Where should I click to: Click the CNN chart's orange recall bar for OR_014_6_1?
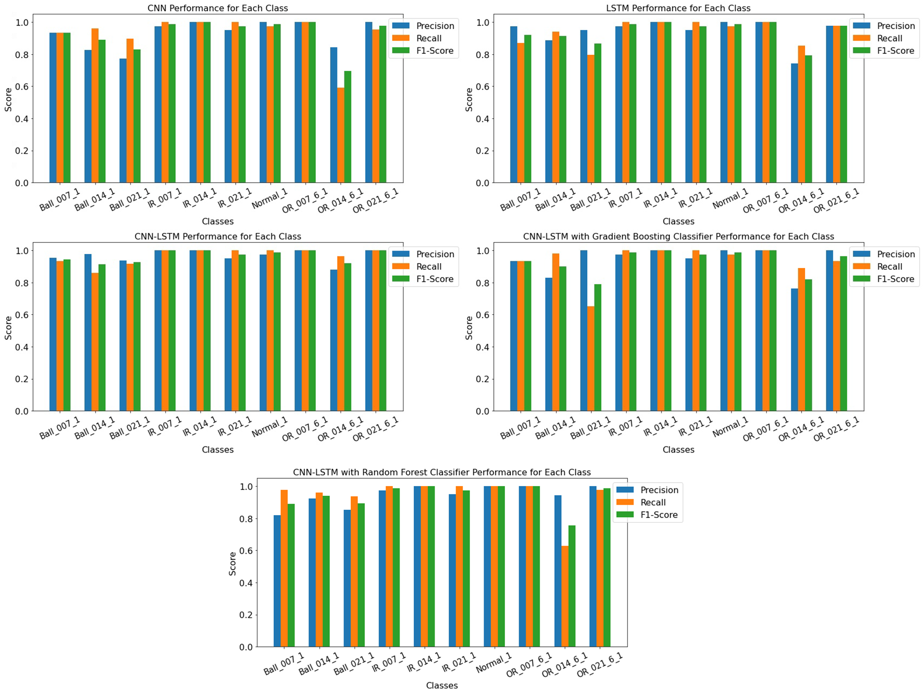(x=341, y=135)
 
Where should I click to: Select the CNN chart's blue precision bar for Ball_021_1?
(x=123, y=121)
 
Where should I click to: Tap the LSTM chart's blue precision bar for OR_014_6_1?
(x=794, y=123)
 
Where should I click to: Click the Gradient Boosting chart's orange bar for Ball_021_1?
(x=591, y=359)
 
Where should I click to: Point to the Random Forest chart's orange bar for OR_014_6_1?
(x=565, y=596)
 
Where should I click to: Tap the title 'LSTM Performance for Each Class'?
(x=678, y=8)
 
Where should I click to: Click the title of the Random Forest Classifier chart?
(x=441, y=472)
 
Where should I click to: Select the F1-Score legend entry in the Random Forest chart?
(x=659, y=515)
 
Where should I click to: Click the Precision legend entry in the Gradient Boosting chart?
(x=895, y=254)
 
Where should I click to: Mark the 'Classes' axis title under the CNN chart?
(x=218, y=221)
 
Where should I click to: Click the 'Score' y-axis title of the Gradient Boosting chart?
(x=469, y=328)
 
